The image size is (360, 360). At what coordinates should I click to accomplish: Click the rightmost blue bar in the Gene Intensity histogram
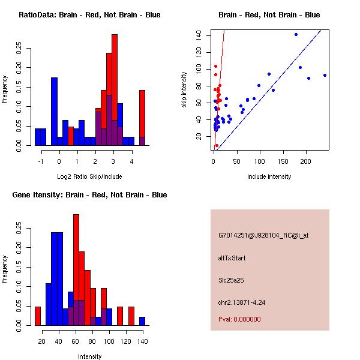142,321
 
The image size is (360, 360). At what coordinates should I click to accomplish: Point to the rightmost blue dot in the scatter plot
325,76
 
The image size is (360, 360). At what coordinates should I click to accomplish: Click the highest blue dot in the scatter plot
296,34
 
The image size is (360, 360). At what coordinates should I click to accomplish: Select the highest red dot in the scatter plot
215,67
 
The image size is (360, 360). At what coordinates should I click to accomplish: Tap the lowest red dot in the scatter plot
217,146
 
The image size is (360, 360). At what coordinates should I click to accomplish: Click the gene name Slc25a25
231,280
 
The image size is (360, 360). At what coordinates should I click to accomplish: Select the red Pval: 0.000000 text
239,319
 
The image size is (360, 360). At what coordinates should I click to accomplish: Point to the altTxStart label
232,258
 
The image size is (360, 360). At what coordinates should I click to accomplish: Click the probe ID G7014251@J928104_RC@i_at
263,236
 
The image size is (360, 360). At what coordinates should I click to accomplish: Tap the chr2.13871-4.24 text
242,302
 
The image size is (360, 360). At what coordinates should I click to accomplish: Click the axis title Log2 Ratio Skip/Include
89,176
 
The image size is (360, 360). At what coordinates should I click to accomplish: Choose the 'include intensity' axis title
269,176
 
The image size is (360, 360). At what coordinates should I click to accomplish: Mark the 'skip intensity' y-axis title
184,90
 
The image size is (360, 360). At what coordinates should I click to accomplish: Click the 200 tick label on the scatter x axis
305,161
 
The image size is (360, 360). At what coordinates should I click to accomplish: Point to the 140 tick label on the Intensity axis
143,341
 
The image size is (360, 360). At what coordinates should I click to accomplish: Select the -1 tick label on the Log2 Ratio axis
41,161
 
